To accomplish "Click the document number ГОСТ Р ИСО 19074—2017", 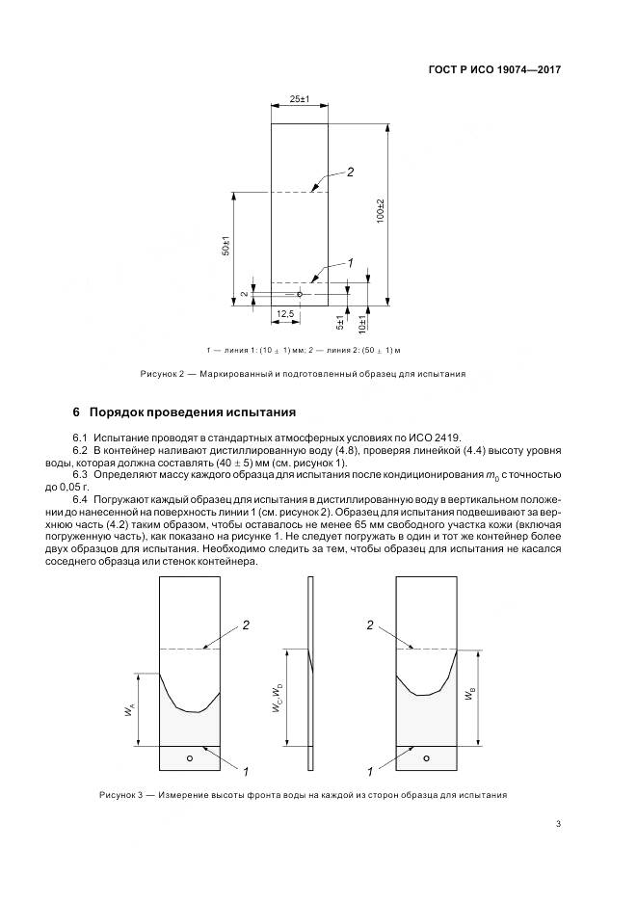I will pos(493,70).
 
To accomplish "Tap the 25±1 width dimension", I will pos(299,100).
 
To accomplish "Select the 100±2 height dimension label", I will pos(380,213).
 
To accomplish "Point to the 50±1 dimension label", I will pos(225,247).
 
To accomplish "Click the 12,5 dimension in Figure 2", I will pos(285,314).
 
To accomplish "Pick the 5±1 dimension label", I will pos(340,321).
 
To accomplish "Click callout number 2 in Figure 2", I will pos(350,172).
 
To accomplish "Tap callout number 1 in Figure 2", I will pos(350,262).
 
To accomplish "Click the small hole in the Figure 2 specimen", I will pos(300,294).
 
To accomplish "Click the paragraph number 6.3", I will pos(81,475).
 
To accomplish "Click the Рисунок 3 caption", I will pos(303,795).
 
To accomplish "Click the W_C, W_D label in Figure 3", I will pos(277,696).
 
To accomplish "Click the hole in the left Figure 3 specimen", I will pos(190,758).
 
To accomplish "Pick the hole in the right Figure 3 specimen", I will pos(426,758).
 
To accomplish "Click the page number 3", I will pos(558,822).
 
